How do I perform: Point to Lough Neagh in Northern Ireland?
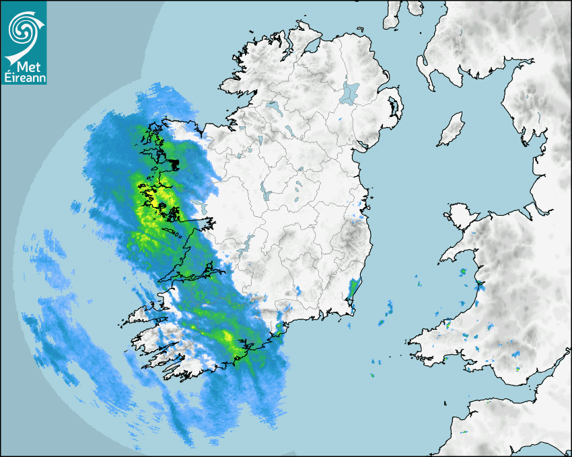pos(350,93)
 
